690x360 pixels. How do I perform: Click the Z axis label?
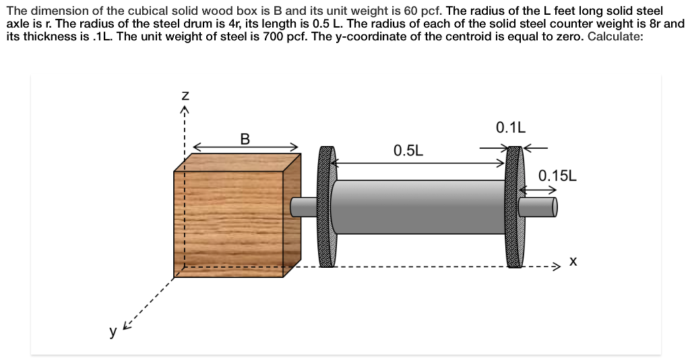pyautogui.click(x=184, y=98)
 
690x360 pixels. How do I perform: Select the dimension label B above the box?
pyautogui.click(x=245, y=139)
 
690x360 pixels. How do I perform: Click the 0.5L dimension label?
pyautogui.click(x=408, y=150)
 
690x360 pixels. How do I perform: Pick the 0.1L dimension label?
pyautogui.click(x=510, y=127)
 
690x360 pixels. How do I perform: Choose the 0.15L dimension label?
pyautogui.click(x=558, y=176)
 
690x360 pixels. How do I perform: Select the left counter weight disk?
pyautogui.click(x=327, y=207)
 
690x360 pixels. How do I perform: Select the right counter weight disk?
pyautogui.click(x=514, y=207)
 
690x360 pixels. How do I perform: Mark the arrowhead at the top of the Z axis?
pyautogui.click(x=184, y=109)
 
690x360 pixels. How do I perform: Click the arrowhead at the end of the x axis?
pyautogui.click(x=556, y=267)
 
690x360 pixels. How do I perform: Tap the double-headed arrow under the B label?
pyautogui.click(x=245, y=146)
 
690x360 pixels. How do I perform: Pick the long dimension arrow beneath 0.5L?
pyautogui.click(x=418, y=162)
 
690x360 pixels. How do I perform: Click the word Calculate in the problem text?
pyautogui.click(x=615, y=36)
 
